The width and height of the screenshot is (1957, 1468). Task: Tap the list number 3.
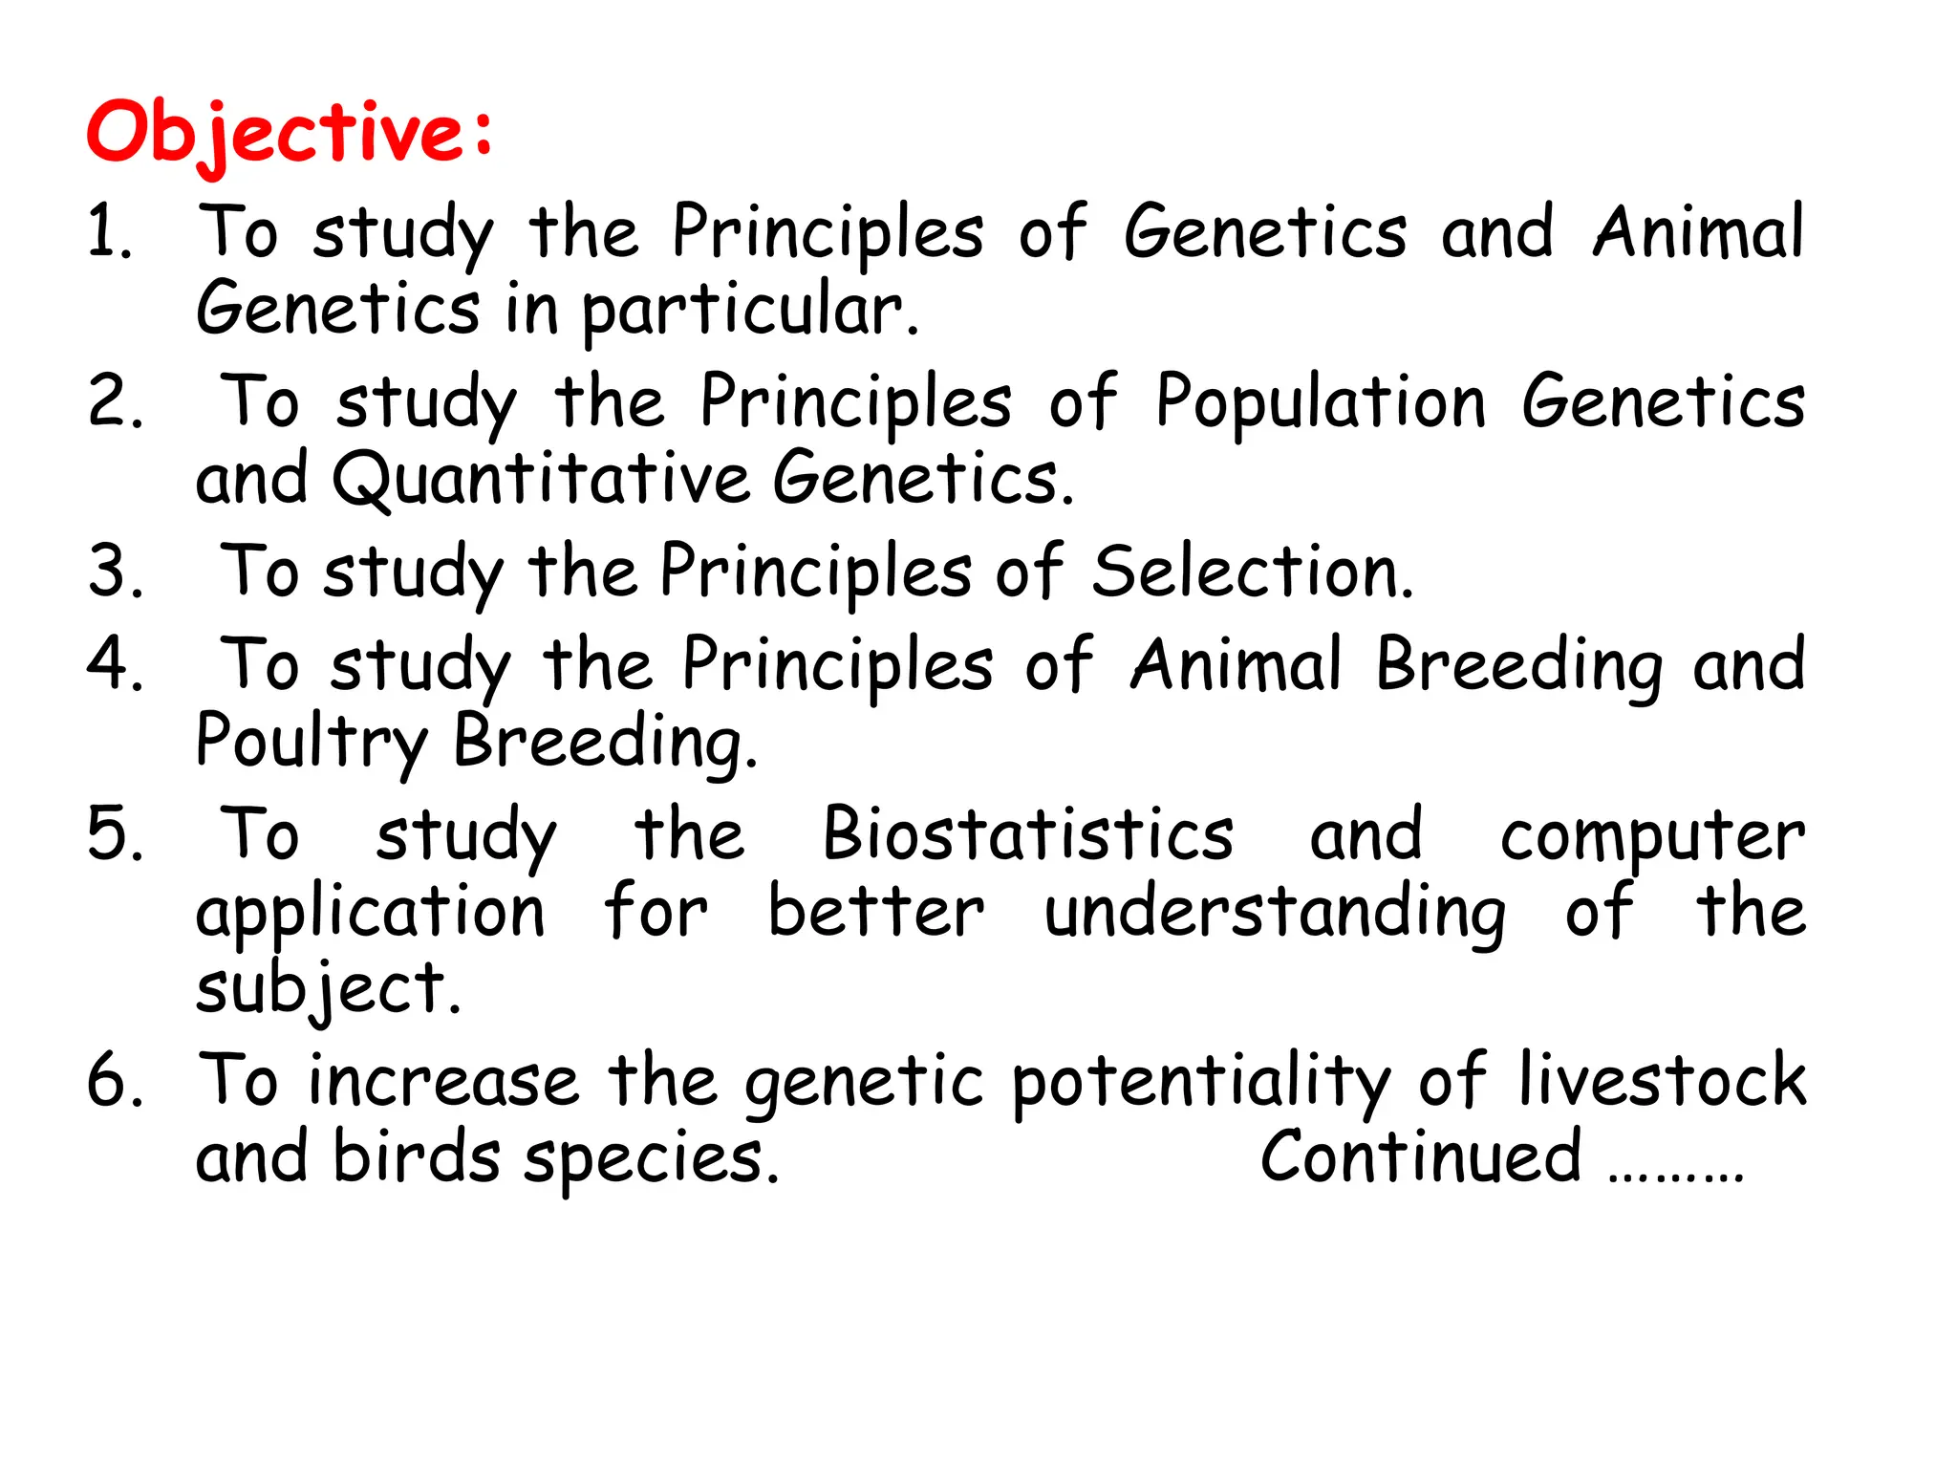coord(115,572)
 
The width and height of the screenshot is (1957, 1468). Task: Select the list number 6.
coord(115,1080)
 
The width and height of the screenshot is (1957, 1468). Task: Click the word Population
coord(1321,403)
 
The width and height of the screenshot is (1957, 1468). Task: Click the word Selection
coord(1252,572)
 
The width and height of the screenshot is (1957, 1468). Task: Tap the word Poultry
coord(312,742)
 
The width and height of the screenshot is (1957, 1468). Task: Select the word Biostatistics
coord(1028,833)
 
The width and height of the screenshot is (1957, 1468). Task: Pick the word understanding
coord(1275,913)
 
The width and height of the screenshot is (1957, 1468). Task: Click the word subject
coord(329,988)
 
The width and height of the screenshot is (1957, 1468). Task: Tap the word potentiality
coord(1200,1082)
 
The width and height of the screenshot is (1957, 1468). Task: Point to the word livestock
coord(1662,1080)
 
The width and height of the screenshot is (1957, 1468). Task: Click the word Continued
coord(1420,1156)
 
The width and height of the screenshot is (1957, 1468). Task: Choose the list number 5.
coord(115,833)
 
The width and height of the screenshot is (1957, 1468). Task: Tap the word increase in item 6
coord(443,1080)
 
